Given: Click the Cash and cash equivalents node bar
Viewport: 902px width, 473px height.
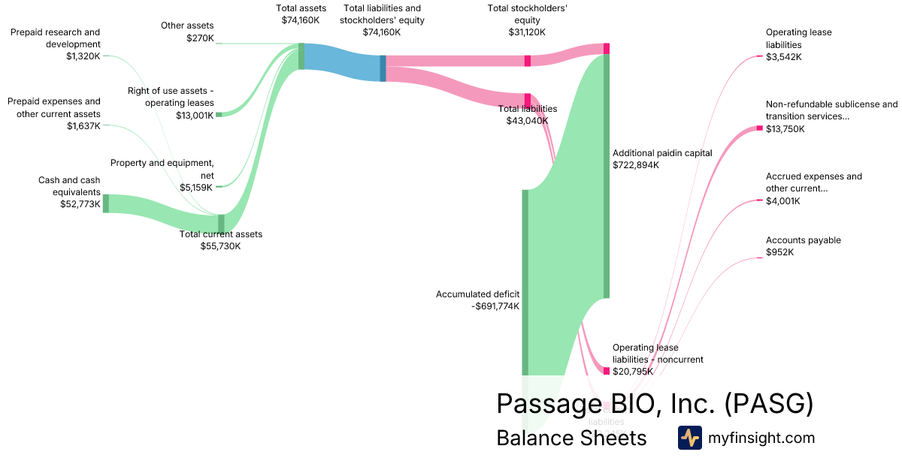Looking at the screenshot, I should pyautogui.click(x=106, y=203).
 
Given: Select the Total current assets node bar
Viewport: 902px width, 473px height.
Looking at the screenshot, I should pyautogui.click(x=221, y=223).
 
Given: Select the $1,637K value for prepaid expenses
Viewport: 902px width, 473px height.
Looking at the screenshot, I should pyautogui.click(x=83, y=125).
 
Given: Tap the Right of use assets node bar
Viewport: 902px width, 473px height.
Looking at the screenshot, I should pyautogui.click(x=219, y=114).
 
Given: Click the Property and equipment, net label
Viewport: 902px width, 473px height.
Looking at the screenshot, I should pyautogui.click(x=162, y=169).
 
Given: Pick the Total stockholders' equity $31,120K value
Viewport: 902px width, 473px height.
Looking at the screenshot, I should pyautogui.click(x=527, y=32).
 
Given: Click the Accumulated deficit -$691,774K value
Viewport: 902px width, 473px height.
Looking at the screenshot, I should pyautogui.click(x=489, y=306).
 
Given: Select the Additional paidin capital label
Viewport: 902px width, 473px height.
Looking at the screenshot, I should pyautogui.click(x=662, y=152).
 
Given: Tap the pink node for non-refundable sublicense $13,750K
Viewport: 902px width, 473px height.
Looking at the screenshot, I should pyautogui.click(x=759, y=128).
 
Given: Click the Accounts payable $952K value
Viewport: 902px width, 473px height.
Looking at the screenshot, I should pyautogui.click(x=780, y=252).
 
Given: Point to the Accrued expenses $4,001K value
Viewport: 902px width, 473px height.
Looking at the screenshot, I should pyautogui.click(x=783, y=200).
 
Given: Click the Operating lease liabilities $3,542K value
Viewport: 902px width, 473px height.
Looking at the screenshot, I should pyautogui.click(x=783, y=56).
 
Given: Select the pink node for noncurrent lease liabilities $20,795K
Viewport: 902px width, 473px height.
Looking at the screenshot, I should pyautogui.click(x=606, y=370).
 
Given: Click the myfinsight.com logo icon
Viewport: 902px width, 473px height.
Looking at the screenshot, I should pyautogui.click(x=689, y=438).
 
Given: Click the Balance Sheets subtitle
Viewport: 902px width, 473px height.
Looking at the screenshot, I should pyautogui.click(x=571, y=438).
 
